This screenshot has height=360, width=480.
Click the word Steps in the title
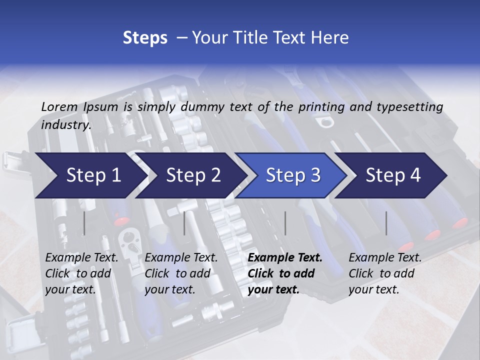click(x=145, y=38)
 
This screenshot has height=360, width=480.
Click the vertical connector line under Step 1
click(x=84, y=223)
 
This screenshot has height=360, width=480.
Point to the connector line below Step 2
click(x=184, y=223)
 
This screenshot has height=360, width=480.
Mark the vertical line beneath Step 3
click(x=285, y=223)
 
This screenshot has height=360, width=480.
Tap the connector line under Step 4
click(x=386, y=223)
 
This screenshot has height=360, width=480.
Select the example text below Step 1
click(x=81, y=273)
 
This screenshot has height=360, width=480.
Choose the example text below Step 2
click(x=181, y=273)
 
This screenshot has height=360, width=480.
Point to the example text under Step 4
click(x=385, y=273)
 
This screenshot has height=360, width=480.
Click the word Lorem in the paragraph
click(x=59, y=107)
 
